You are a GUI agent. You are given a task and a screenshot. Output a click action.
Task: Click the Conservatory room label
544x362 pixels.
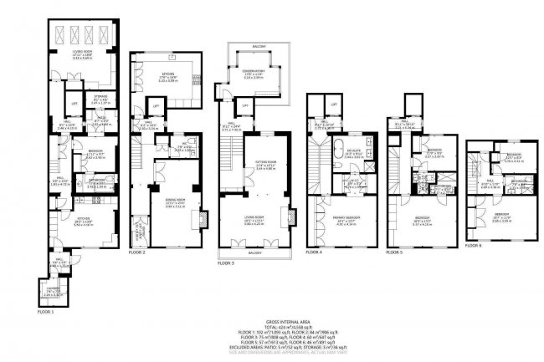253,73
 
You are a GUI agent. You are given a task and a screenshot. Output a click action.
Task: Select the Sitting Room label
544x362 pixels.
266,166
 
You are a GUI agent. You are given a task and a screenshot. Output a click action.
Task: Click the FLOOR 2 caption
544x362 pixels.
138,252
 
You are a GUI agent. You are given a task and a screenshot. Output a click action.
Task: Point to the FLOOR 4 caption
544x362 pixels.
316,252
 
